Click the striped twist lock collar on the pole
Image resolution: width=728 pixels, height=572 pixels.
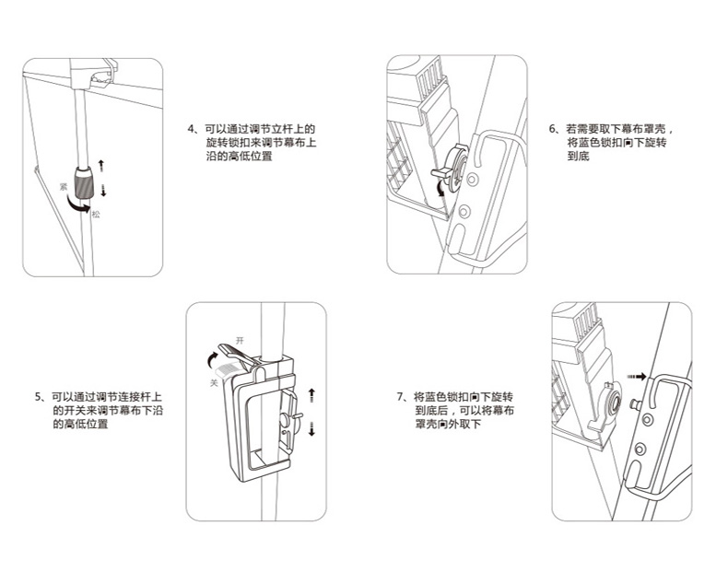pyautogui.click(x=85, y=181)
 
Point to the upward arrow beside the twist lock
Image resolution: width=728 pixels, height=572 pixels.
pyautogui.click(x=101, y=166)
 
